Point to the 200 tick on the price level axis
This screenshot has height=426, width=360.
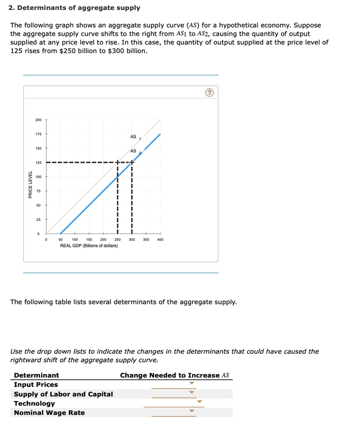tap(38, 120)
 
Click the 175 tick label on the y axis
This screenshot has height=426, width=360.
tap(38, 134)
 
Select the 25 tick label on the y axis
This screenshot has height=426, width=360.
tap(38, 219)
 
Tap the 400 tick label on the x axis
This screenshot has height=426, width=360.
tap(160, 240)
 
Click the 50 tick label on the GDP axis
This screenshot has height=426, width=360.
tap(60, 240)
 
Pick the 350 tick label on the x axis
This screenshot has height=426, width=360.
tap(146, 240)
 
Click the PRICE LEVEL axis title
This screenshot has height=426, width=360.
tap(30, 184)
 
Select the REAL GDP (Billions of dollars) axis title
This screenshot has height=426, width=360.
tap(89, 246)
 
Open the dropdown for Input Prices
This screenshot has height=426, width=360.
tap(191, 383)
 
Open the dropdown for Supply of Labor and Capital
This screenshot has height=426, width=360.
tap(191, 392)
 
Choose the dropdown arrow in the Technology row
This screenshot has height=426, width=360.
tap(199, 402)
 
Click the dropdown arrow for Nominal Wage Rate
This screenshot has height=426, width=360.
tap(191, 411)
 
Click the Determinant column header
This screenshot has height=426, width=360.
tap(37, 375)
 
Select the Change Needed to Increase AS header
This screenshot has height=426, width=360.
tap(174, 375)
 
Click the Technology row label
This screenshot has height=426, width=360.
tap(35, 404)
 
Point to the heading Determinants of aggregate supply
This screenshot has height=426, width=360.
tap(75, 8)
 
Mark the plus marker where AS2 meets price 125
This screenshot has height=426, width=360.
tap(132, 162)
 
